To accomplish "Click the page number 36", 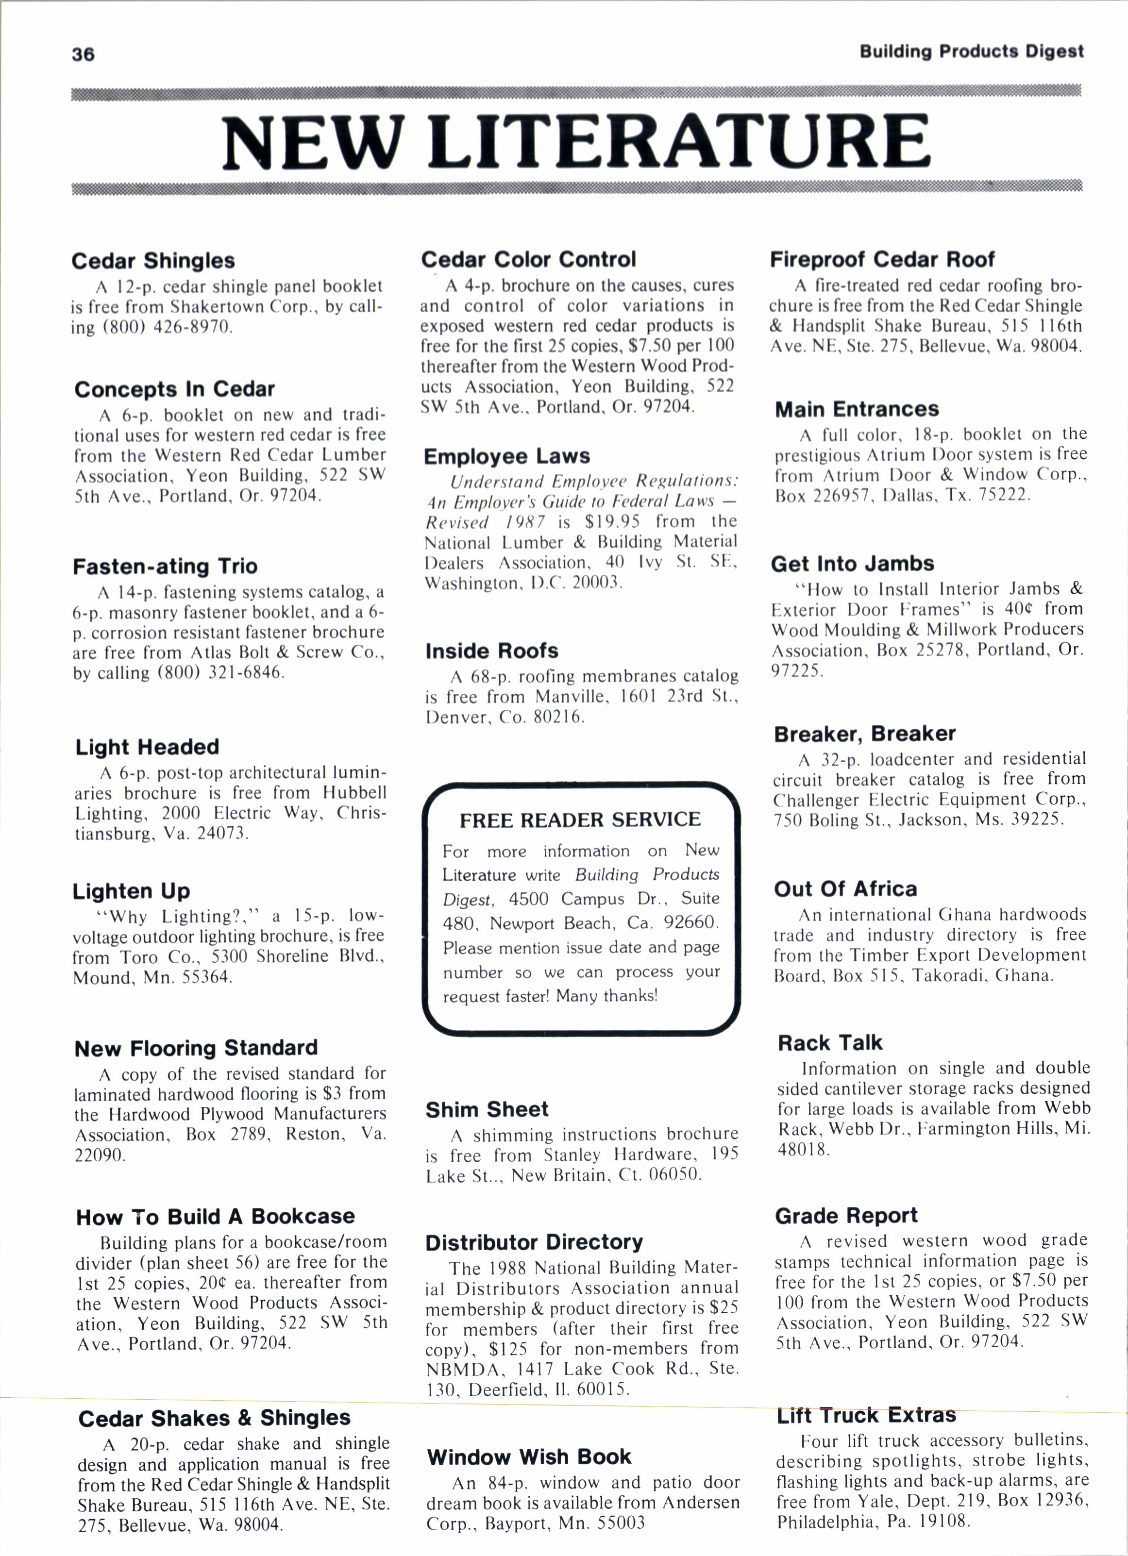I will (83, 55).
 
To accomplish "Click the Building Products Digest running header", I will (971, 51).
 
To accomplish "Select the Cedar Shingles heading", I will (153, 261).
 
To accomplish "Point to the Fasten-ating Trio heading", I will (165, 567).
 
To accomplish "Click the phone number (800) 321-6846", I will (220, 672).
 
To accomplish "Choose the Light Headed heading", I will (147, 747).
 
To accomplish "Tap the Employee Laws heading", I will (506, 456).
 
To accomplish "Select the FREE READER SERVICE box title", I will (580, 820).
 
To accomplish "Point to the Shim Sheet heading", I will (487, 1109).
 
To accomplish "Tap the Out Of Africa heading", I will (845, 889).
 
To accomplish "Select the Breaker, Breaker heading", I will (864, 734).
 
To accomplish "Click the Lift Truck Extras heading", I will (866, 1415).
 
